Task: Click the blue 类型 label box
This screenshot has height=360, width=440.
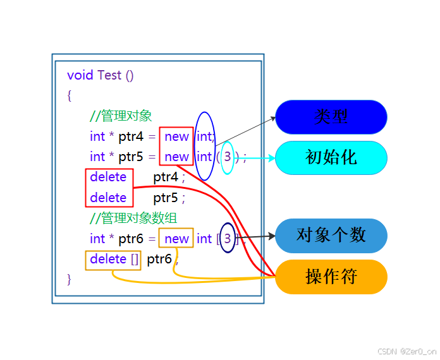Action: coord(331,117)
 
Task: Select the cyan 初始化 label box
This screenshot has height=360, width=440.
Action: coord(331,157)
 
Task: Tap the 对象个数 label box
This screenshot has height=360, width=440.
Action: coord(331,236)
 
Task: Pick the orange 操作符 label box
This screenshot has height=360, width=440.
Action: coord(331,277)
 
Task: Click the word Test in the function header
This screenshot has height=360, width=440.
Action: coord(109,75)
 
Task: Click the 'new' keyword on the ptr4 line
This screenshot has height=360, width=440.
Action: coord(176,136)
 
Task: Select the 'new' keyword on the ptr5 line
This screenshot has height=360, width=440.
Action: coord(176,157)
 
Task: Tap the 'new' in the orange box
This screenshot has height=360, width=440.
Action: coord(176,239)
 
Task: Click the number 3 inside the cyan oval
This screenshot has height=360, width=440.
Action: coord(228,156)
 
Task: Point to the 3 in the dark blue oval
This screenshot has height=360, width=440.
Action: coord(228,238)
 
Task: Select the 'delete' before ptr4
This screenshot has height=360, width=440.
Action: coord(108,177)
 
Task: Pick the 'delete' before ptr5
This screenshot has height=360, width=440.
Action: coord(108,198)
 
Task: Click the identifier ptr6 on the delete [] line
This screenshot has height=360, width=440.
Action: coord(159,259)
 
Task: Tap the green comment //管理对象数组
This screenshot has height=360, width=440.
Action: coord(133,219)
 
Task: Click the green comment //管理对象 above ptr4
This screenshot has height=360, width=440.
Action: coord(121,116)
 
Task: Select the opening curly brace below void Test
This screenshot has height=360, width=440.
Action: coord(70,95)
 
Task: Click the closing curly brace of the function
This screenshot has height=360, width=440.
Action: coord(70,279)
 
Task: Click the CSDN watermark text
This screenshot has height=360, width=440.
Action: coord(406,351)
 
